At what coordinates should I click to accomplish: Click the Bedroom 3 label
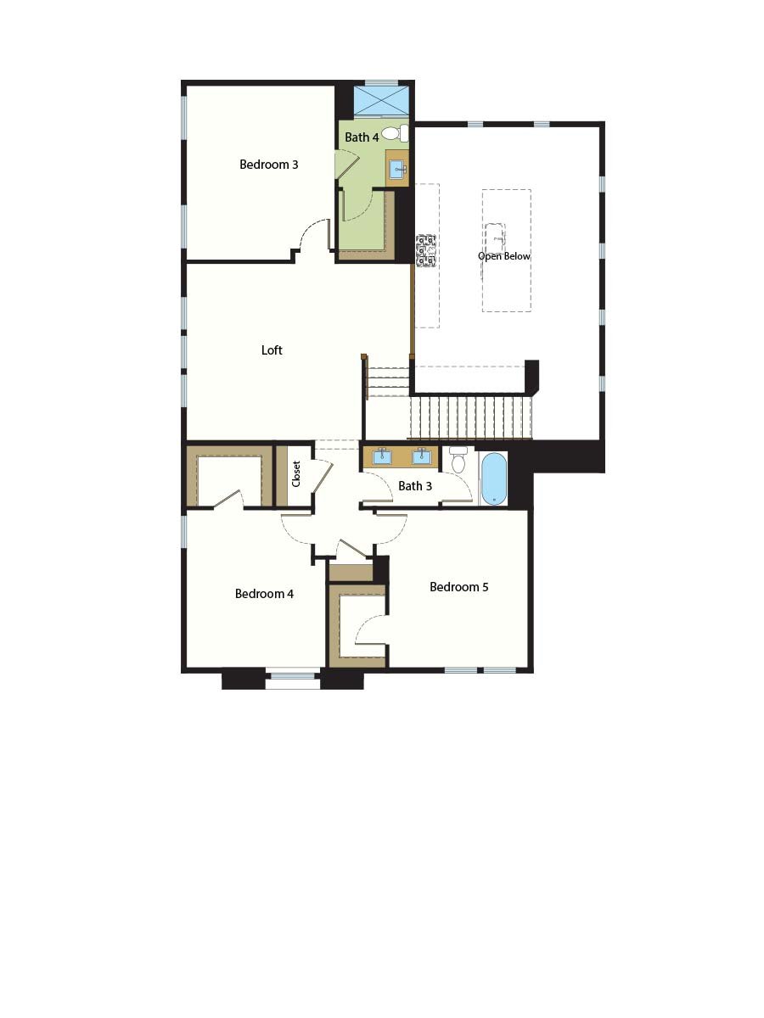(268, 165)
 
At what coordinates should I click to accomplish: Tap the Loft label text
(272, 350)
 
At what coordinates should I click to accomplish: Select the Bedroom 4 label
(264, 594)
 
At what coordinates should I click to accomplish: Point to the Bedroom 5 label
(458, 587)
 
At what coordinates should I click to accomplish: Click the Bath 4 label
(361, 137)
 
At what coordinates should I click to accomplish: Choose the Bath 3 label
(415, 486)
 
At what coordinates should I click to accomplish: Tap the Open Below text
(504, 256)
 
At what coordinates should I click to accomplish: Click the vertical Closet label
(296, 474)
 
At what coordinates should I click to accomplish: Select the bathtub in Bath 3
(493, 478)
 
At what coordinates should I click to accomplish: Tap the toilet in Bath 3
(458, 461)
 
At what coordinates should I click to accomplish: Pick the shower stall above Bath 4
(380, 100)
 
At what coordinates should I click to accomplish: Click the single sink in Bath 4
(397, 169)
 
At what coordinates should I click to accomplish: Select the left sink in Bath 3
(383, 456)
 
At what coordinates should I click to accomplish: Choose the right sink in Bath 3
(421, 456)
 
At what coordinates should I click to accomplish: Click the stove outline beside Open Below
(425, 250)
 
